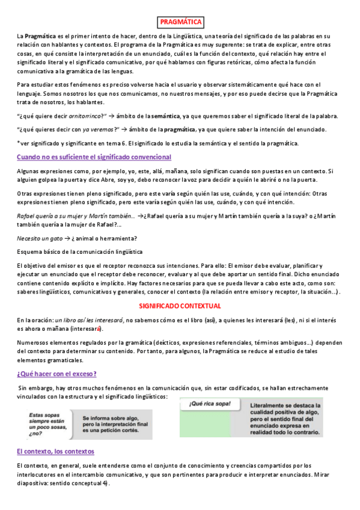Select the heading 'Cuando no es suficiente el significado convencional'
point(94,157)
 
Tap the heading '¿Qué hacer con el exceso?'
point(56,373)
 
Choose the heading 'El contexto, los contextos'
point(55,451)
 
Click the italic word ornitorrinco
point(85,115)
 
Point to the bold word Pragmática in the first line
point(41,37)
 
